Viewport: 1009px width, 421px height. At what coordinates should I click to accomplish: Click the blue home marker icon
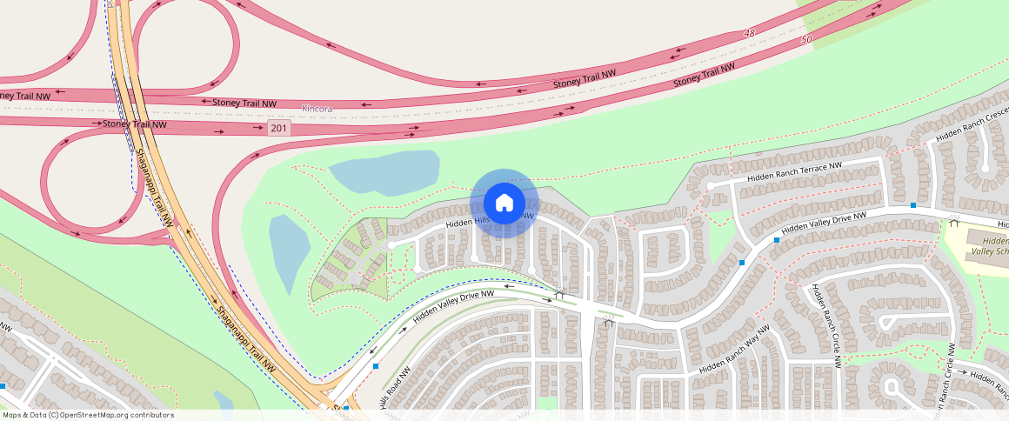(504, 203)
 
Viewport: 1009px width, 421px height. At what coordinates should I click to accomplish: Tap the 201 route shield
(278, 128)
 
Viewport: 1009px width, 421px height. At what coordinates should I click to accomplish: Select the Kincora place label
(317, 109)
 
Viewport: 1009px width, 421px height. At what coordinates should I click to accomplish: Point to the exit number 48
(750, 33)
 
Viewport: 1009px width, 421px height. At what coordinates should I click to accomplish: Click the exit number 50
(806, 39)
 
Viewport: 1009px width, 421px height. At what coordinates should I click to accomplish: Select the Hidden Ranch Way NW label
(734, 349)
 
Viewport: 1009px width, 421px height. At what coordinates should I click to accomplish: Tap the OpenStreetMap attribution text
(87, 415)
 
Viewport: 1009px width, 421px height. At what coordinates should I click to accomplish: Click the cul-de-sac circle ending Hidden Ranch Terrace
(711, 185)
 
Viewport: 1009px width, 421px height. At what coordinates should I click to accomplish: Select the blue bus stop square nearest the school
(913, 205)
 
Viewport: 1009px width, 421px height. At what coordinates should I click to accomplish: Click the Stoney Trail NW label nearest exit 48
(585, 79)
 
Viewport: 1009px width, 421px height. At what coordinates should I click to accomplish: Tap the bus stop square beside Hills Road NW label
(376, 366)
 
